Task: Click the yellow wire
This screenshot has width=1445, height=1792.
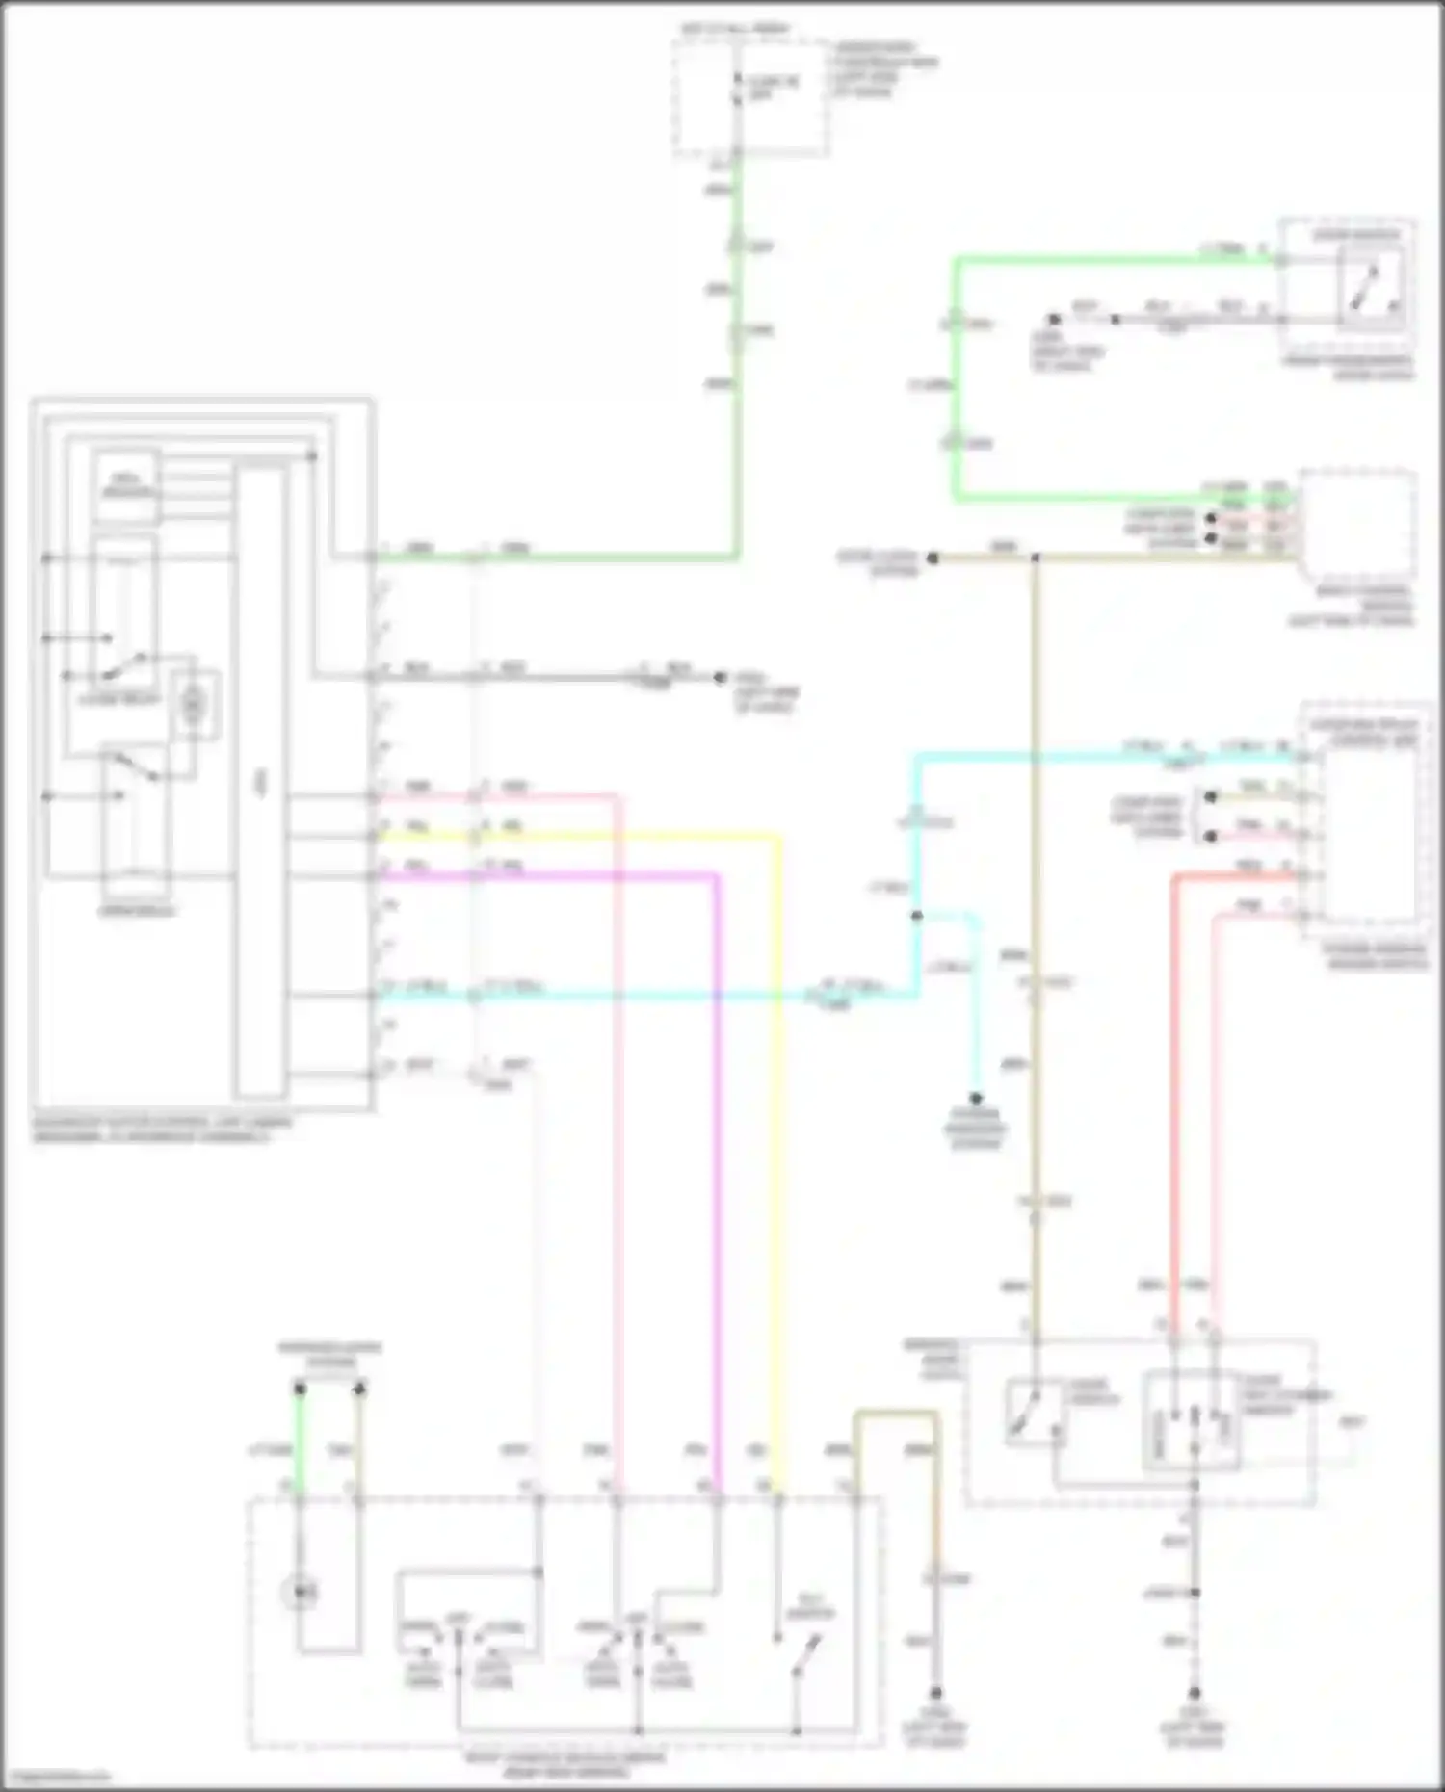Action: point(778,1156)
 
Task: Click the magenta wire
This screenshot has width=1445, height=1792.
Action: point(717,1156)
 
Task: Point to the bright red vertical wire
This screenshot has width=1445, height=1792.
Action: point(1174,1107)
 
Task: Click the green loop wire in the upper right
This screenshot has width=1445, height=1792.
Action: point(957,385)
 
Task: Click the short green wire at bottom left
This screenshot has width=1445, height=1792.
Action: point(300,1444)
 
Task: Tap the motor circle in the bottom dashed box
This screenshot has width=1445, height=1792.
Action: point(301,1594)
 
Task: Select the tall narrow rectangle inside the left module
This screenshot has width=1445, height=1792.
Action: point(261,780)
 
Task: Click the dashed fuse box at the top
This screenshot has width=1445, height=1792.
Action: point(750,96)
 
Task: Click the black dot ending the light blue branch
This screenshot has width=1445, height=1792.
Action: point(976,1098)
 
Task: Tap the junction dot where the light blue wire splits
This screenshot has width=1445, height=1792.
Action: point(916,916)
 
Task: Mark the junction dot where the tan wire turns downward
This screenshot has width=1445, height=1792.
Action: point(1036,558)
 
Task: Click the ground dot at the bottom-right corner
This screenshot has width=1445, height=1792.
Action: point(1195,1693)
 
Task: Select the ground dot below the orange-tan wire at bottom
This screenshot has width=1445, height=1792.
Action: point(934,1693)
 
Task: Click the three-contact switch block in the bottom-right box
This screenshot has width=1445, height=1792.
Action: point(1193,1423)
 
